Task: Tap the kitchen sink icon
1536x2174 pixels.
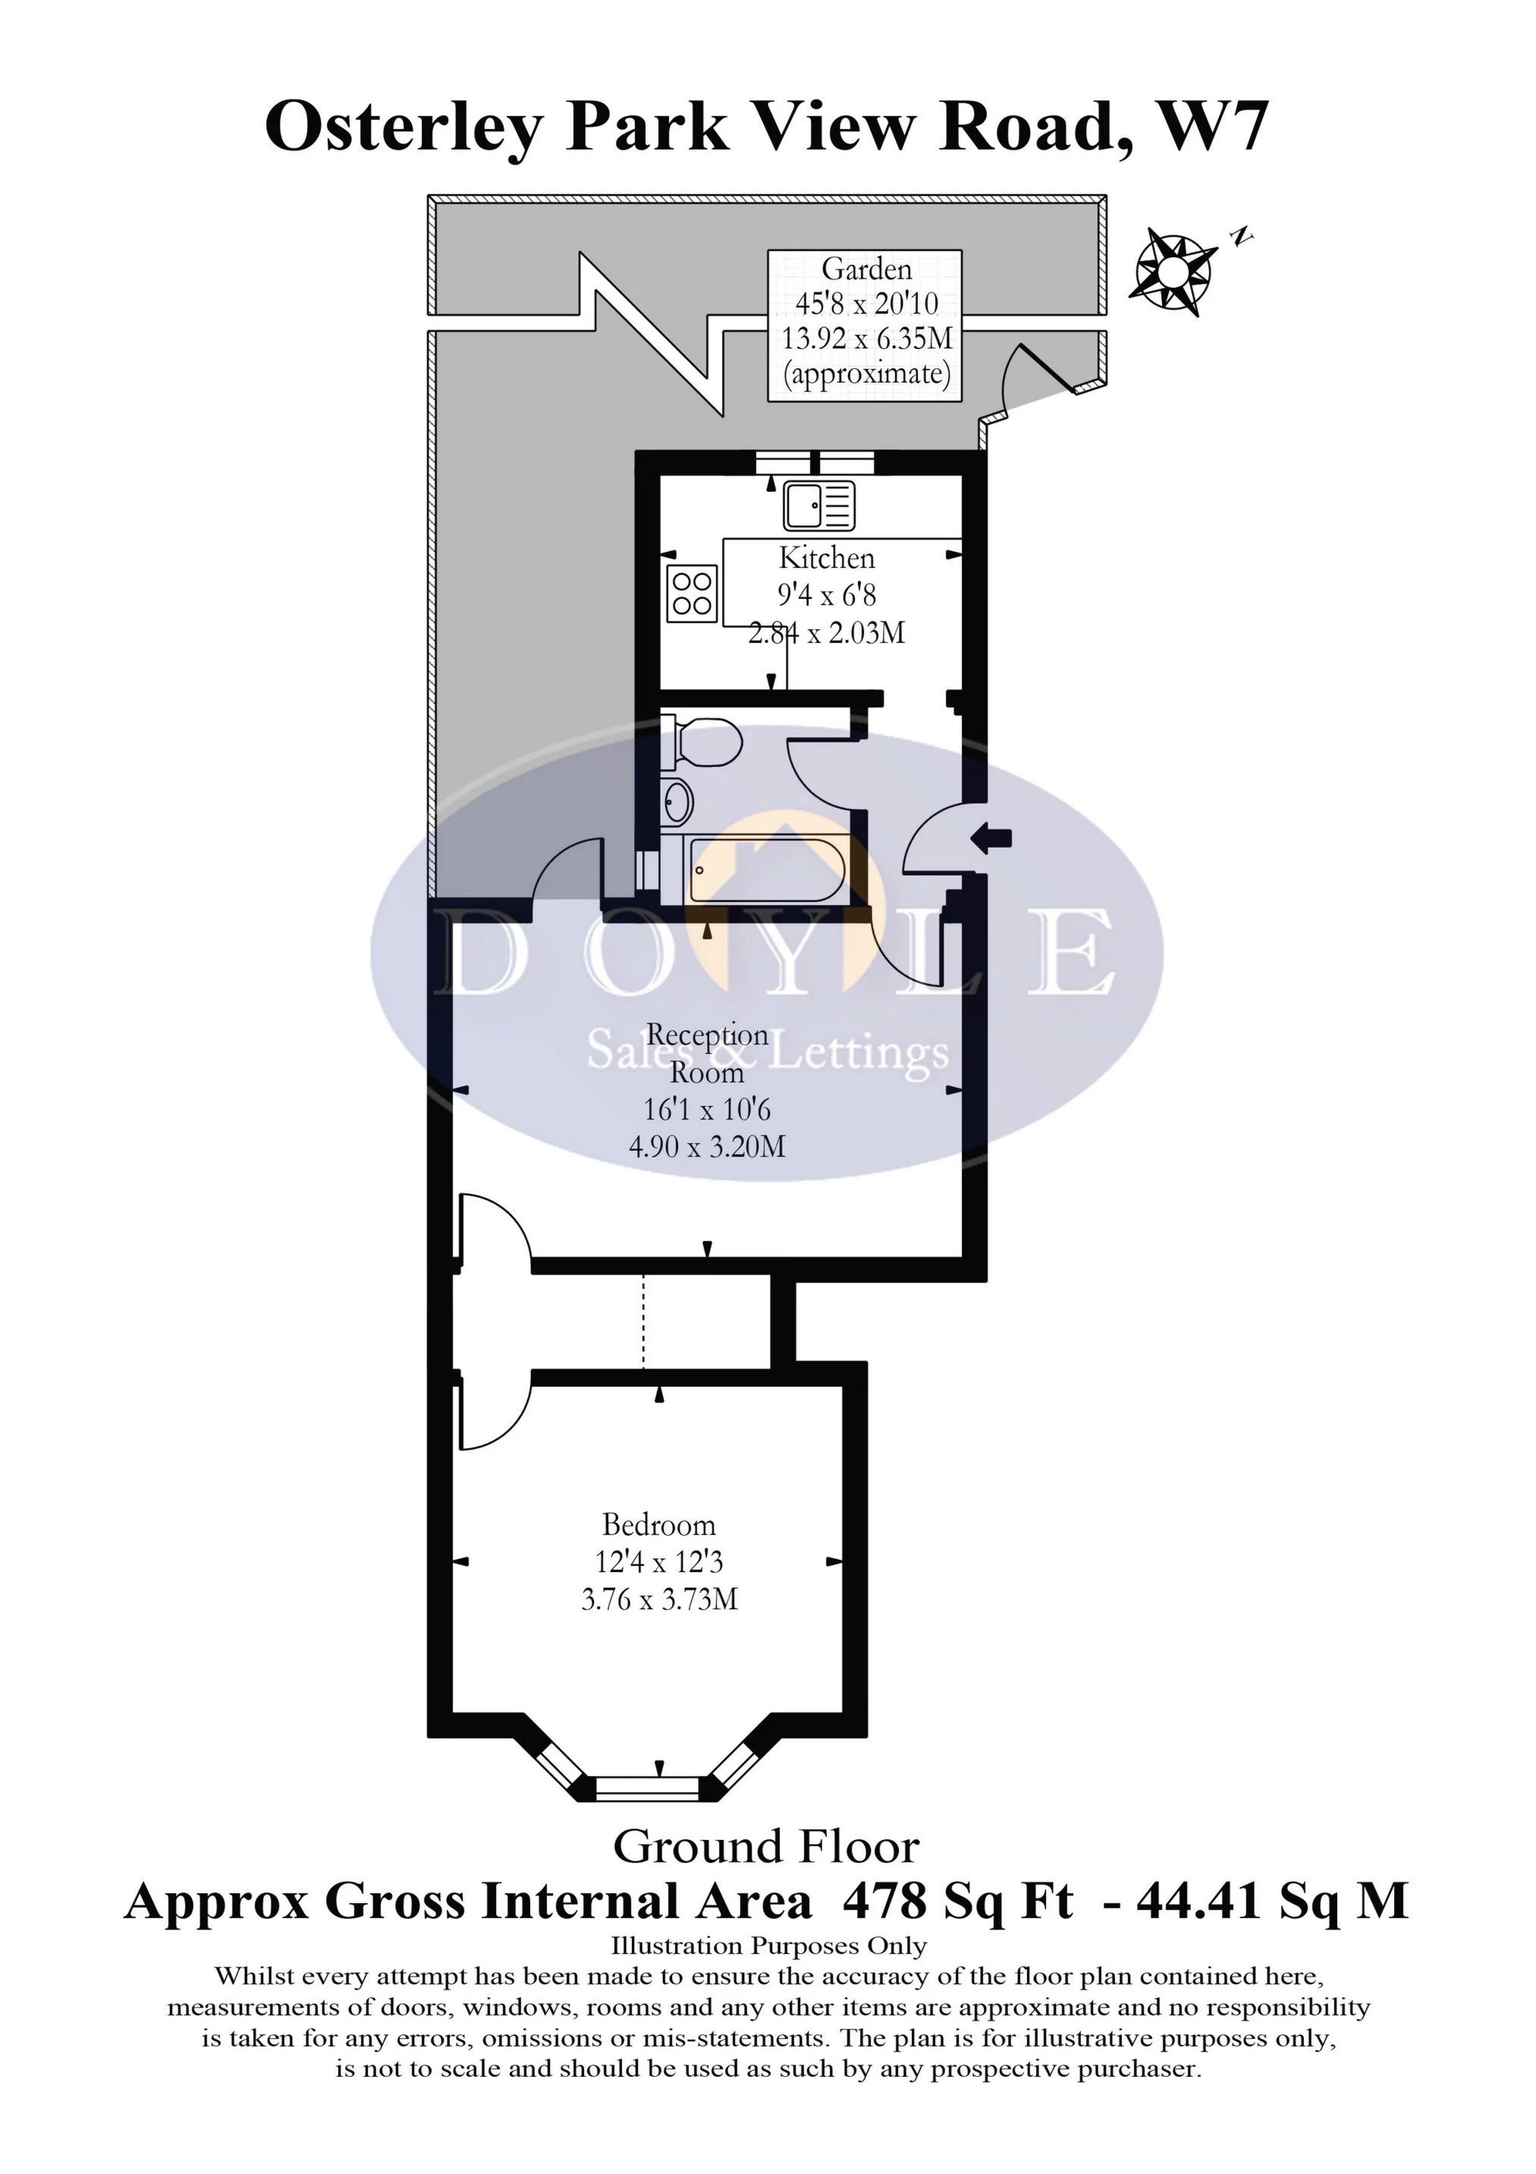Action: click(818, 505)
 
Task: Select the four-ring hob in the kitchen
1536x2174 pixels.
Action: click(692, 593)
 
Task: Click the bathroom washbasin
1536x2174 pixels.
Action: click(677, 804)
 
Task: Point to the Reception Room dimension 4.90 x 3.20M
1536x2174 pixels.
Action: click(707, 1147)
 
